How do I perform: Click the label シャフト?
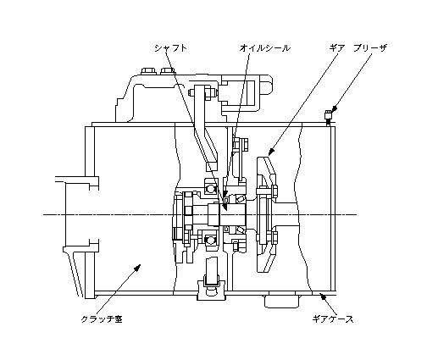pyautogui.click(x=170, y=48)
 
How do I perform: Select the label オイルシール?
pyautogui.click(x=264, y=48)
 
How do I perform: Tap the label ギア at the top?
pyautogui.click(x=337, y=48)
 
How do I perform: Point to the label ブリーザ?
pyautogui.click(x=370, y=48)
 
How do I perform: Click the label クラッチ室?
pyautogui.click(x=102, y=319)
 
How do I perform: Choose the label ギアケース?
pyautogui.click(x=333, y=319)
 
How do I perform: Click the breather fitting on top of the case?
pyautogui.click(x=328, y=117)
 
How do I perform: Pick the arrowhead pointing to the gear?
pyautogui.click(x=270, y=152)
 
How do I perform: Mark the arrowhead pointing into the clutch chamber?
pyautogui.click(x=137, y=268)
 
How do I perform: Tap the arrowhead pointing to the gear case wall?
pyautogui.click(x=323, y=296)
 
